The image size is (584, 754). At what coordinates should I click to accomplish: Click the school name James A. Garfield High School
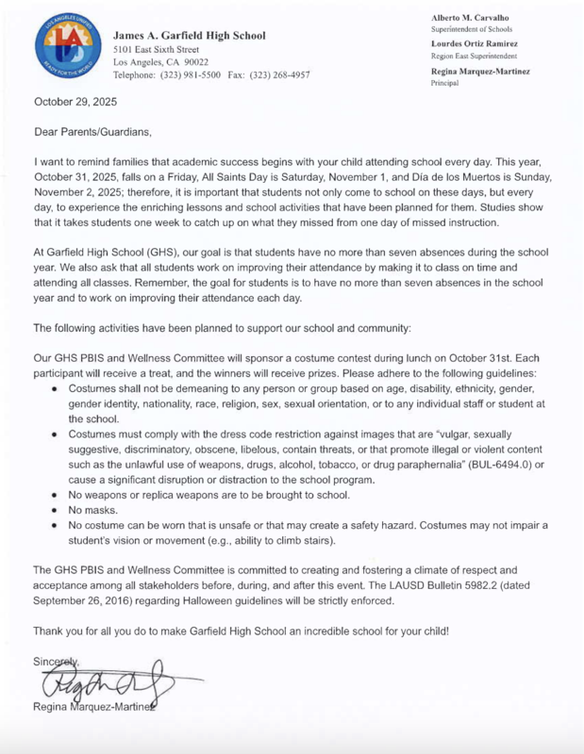click(190, 35)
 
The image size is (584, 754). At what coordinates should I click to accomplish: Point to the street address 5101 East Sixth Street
click(157, 48)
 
